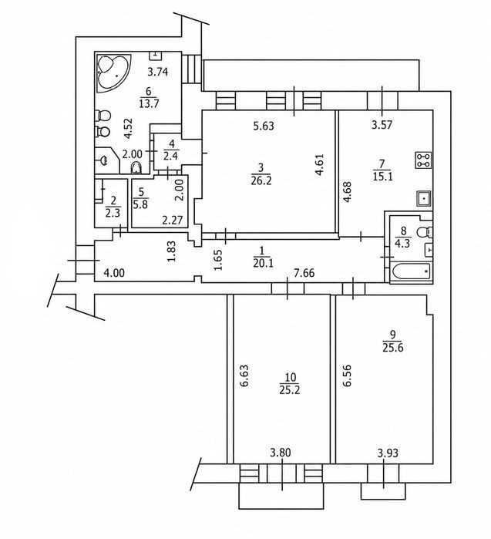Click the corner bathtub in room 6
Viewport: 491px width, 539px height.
(x=114, y=72)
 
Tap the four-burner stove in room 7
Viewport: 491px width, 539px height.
(x=423, y=160)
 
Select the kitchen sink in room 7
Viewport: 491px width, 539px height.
(x=424, y=198)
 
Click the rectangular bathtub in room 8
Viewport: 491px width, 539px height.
(x=411, y=272)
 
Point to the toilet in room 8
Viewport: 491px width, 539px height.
(x=424, y=232)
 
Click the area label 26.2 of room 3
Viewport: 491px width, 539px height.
(x=261, y=180)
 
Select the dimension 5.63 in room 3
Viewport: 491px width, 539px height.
(x=264, y=126)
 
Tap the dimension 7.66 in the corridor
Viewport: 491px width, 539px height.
(x=304, y=273)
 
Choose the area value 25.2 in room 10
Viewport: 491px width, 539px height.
(x=289, y=390)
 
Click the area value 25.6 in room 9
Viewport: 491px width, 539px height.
(x=393, y=348)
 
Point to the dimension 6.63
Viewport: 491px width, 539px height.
(x=244, y=376)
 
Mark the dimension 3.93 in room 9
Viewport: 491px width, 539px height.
(x=388, y=453)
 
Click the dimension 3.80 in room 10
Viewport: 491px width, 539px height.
(x=281, y=453)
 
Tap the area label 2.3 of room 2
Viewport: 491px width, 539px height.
(x=113, y=213)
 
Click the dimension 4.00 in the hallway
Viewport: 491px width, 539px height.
(x=114, y=273)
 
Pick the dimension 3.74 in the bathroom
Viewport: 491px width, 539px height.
(x=157, y=72)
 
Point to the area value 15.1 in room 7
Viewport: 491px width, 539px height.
(x=382, y=177)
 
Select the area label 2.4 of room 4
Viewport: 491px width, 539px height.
(x=170, y=156)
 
